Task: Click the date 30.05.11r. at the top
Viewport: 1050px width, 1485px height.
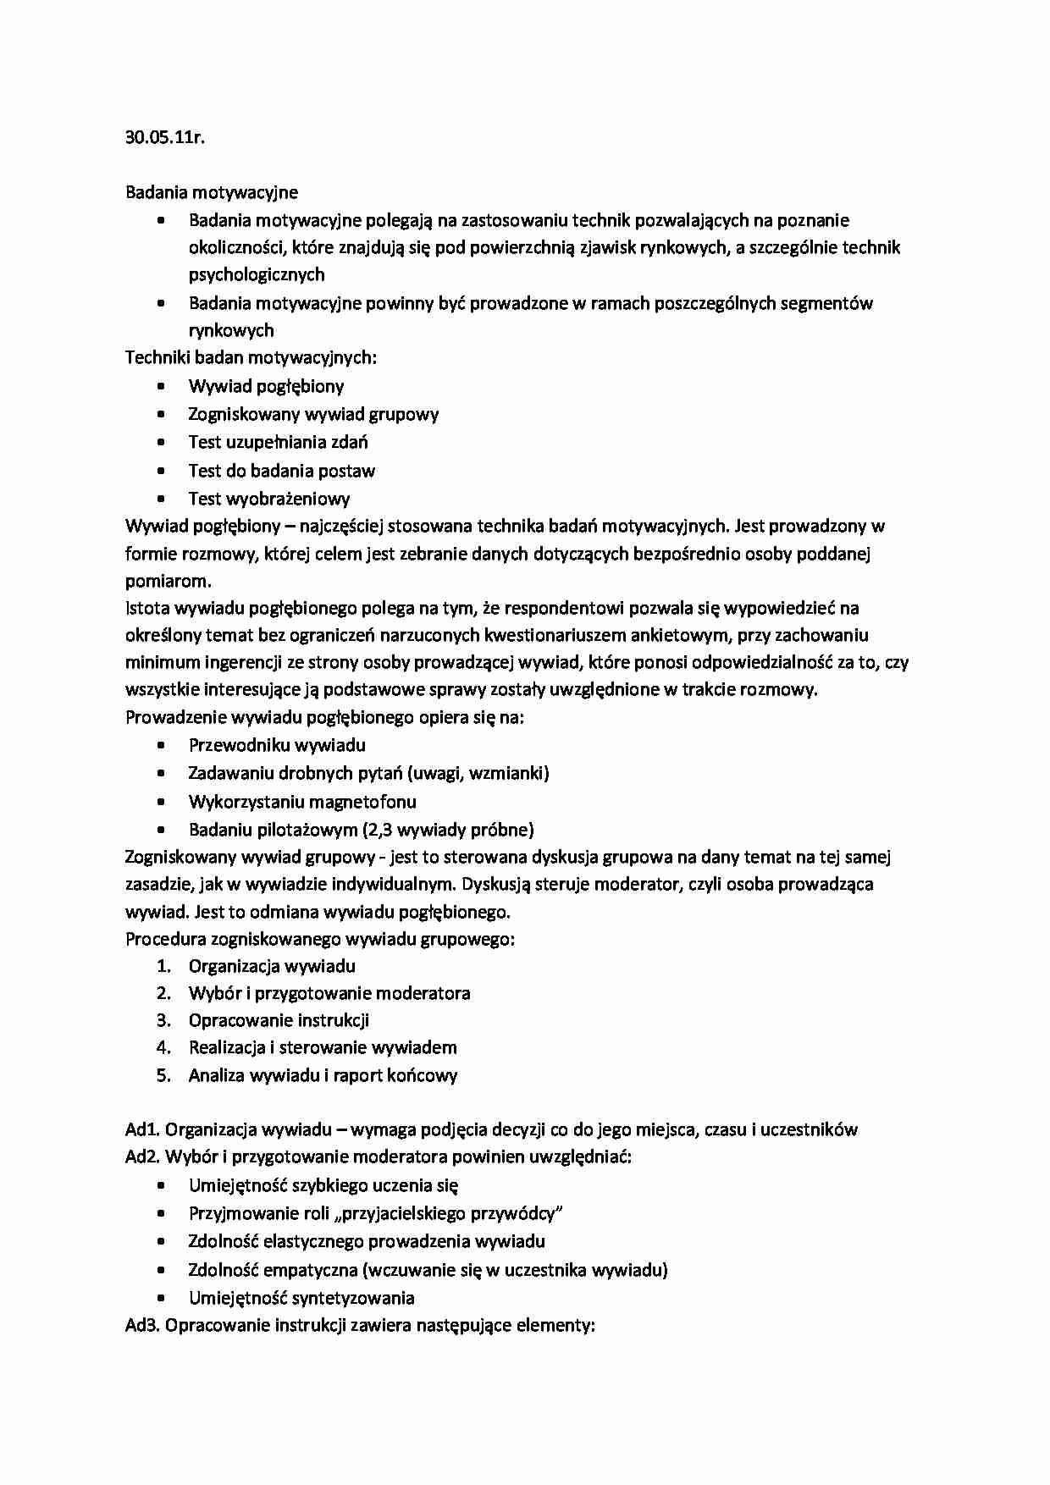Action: [x=165, y=138]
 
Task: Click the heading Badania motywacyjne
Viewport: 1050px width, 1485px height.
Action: [x=212, y=193]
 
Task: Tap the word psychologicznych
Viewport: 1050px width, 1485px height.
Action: [x=257, y=274]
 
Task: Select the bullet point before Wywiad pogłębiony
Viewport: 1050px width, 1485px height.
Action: [x=162, y=387]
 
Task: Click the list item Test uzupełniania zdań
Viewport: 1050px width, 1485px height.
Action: [x=278, y=442]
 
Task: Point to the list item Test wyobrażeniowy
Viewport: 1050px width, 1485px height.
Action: [x=269, y=499]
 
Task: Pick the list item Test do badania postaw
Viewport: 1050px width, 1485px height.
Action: [x=281, y=471]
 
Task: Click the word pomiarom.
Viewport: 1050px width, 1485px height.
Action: [x=168, y=581]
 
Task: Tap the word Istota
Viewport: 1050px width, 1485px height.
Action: [x=146, y=608]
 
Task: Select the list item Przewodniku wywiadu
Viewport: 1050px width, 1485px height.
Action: [x=277, y=745]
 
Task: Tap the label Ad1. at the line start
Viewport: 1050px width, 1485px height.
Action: [x=142, y=1129]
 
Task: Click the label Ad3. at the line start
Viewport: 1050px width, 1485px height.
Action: [x=142, y=1325]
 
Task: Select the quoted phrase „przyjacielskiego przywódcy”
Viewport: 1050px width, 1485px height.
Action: [x=449, y=1213]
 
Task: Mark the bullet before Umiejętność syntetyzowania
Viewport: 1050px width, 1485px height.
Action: [x=162, y=1298]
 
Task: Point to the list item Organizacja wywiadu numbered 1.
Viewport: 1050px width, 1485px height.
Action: [x=272, y=966]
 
